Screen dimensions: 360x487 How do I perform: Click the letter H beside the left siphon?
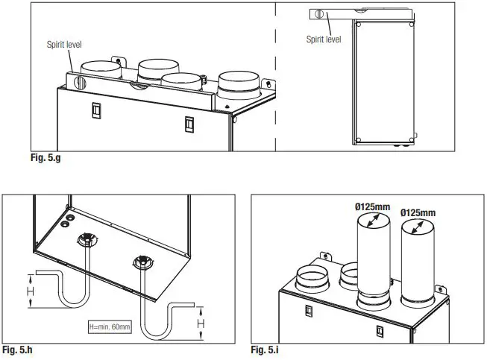31,291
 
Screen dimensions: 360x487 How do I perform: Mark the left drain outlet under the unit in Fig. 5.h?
87,241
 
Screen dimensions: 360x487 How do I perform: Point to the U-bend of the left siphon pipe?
74,303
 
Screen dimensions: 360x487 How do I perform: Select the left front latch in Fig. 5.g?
95,109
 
